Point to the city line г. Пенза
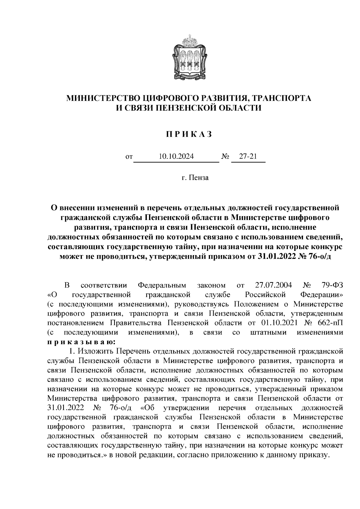click(195, 178)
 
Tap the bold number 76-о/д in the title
click(318, 256)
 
